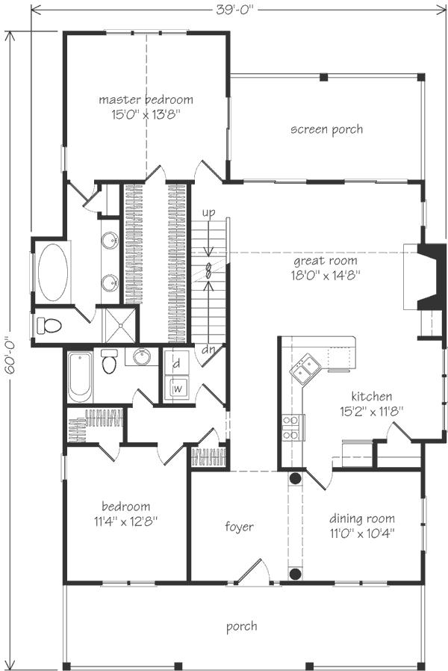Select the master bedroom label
pyautogui.click(x=146, y=99)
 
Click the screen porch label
pyautogui.click(x=326, y=129)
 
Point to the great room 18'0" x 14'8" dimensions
pyautogui.click(x=326, y=275)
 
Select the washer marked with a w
pyautogui.click(x=178, y=388)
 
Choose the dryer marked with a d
pyautogui.click(x=177, y=365)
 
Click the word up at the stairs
pyautogui.click(x=208, y=213)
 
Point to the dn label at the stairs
pyautogui.click(x=209, y=349)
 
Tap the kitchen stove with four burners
pyautogui.click(x=291, y=427)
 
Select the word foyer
pyautogui.click(x=239, y=527)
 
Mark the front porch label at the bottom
pyautogui.click(x=242, y=626)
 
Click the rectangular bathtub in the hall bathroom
pyautogui.click(x=79, y=376)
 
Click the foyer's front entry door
pyautogui.click(x=250, y=572)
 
